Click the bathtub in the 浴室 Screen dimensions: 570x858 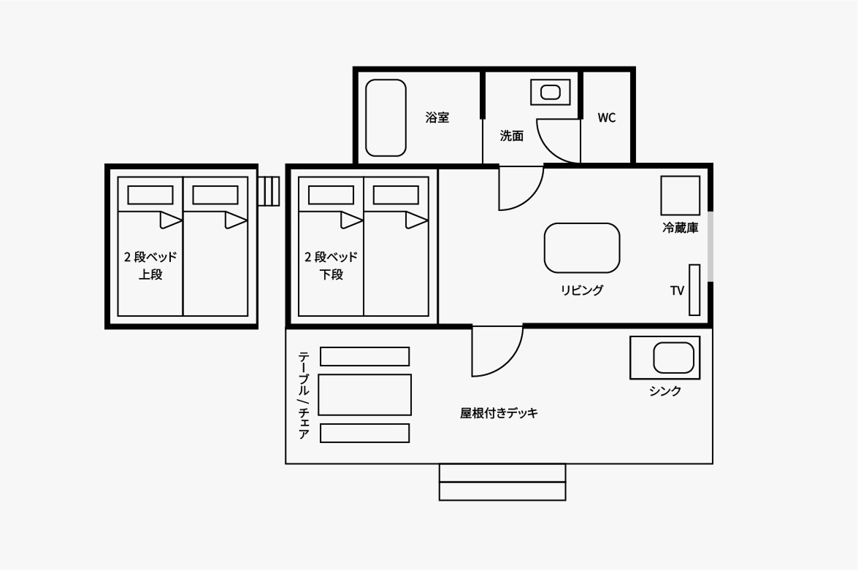[x=386, y=118]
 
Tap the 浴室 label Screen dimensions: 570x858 [x=437, y=118]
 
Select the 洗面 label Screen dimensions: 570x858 [x=511, y=136]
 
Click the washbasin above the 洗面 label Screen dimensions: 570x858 [x=550, y=92]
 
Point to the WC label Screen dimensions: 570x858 [x=606, y=118]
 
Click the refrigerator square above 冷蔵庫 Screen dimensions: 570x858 [x=680, y=196]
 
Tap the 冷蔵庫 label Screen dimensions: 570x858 [x=680, y=228]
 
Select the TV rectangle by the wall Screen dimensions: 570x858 [x=694, y=290]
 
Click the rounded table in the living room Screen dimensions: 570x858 [x=582, y=248]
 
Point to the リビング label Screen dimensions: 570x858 [x=582, y=290]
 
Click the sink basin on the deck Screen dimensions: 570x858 [x=673, y=358]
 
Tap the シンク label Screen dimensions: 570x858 [x=665, y=391]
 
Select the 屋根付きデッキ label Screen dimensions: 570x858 [x=499, y=413]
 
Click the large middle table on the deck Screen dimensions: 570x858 [x=365, y=395]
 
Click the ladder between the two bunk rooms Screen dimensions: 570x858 [x=269, y=191]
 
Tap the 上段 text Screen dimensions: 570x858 [x=150, y=275]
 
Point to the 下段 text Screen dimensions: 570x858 [x=332, y=275]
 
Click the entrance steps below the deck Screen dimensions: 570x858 [x=502, y=482]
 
